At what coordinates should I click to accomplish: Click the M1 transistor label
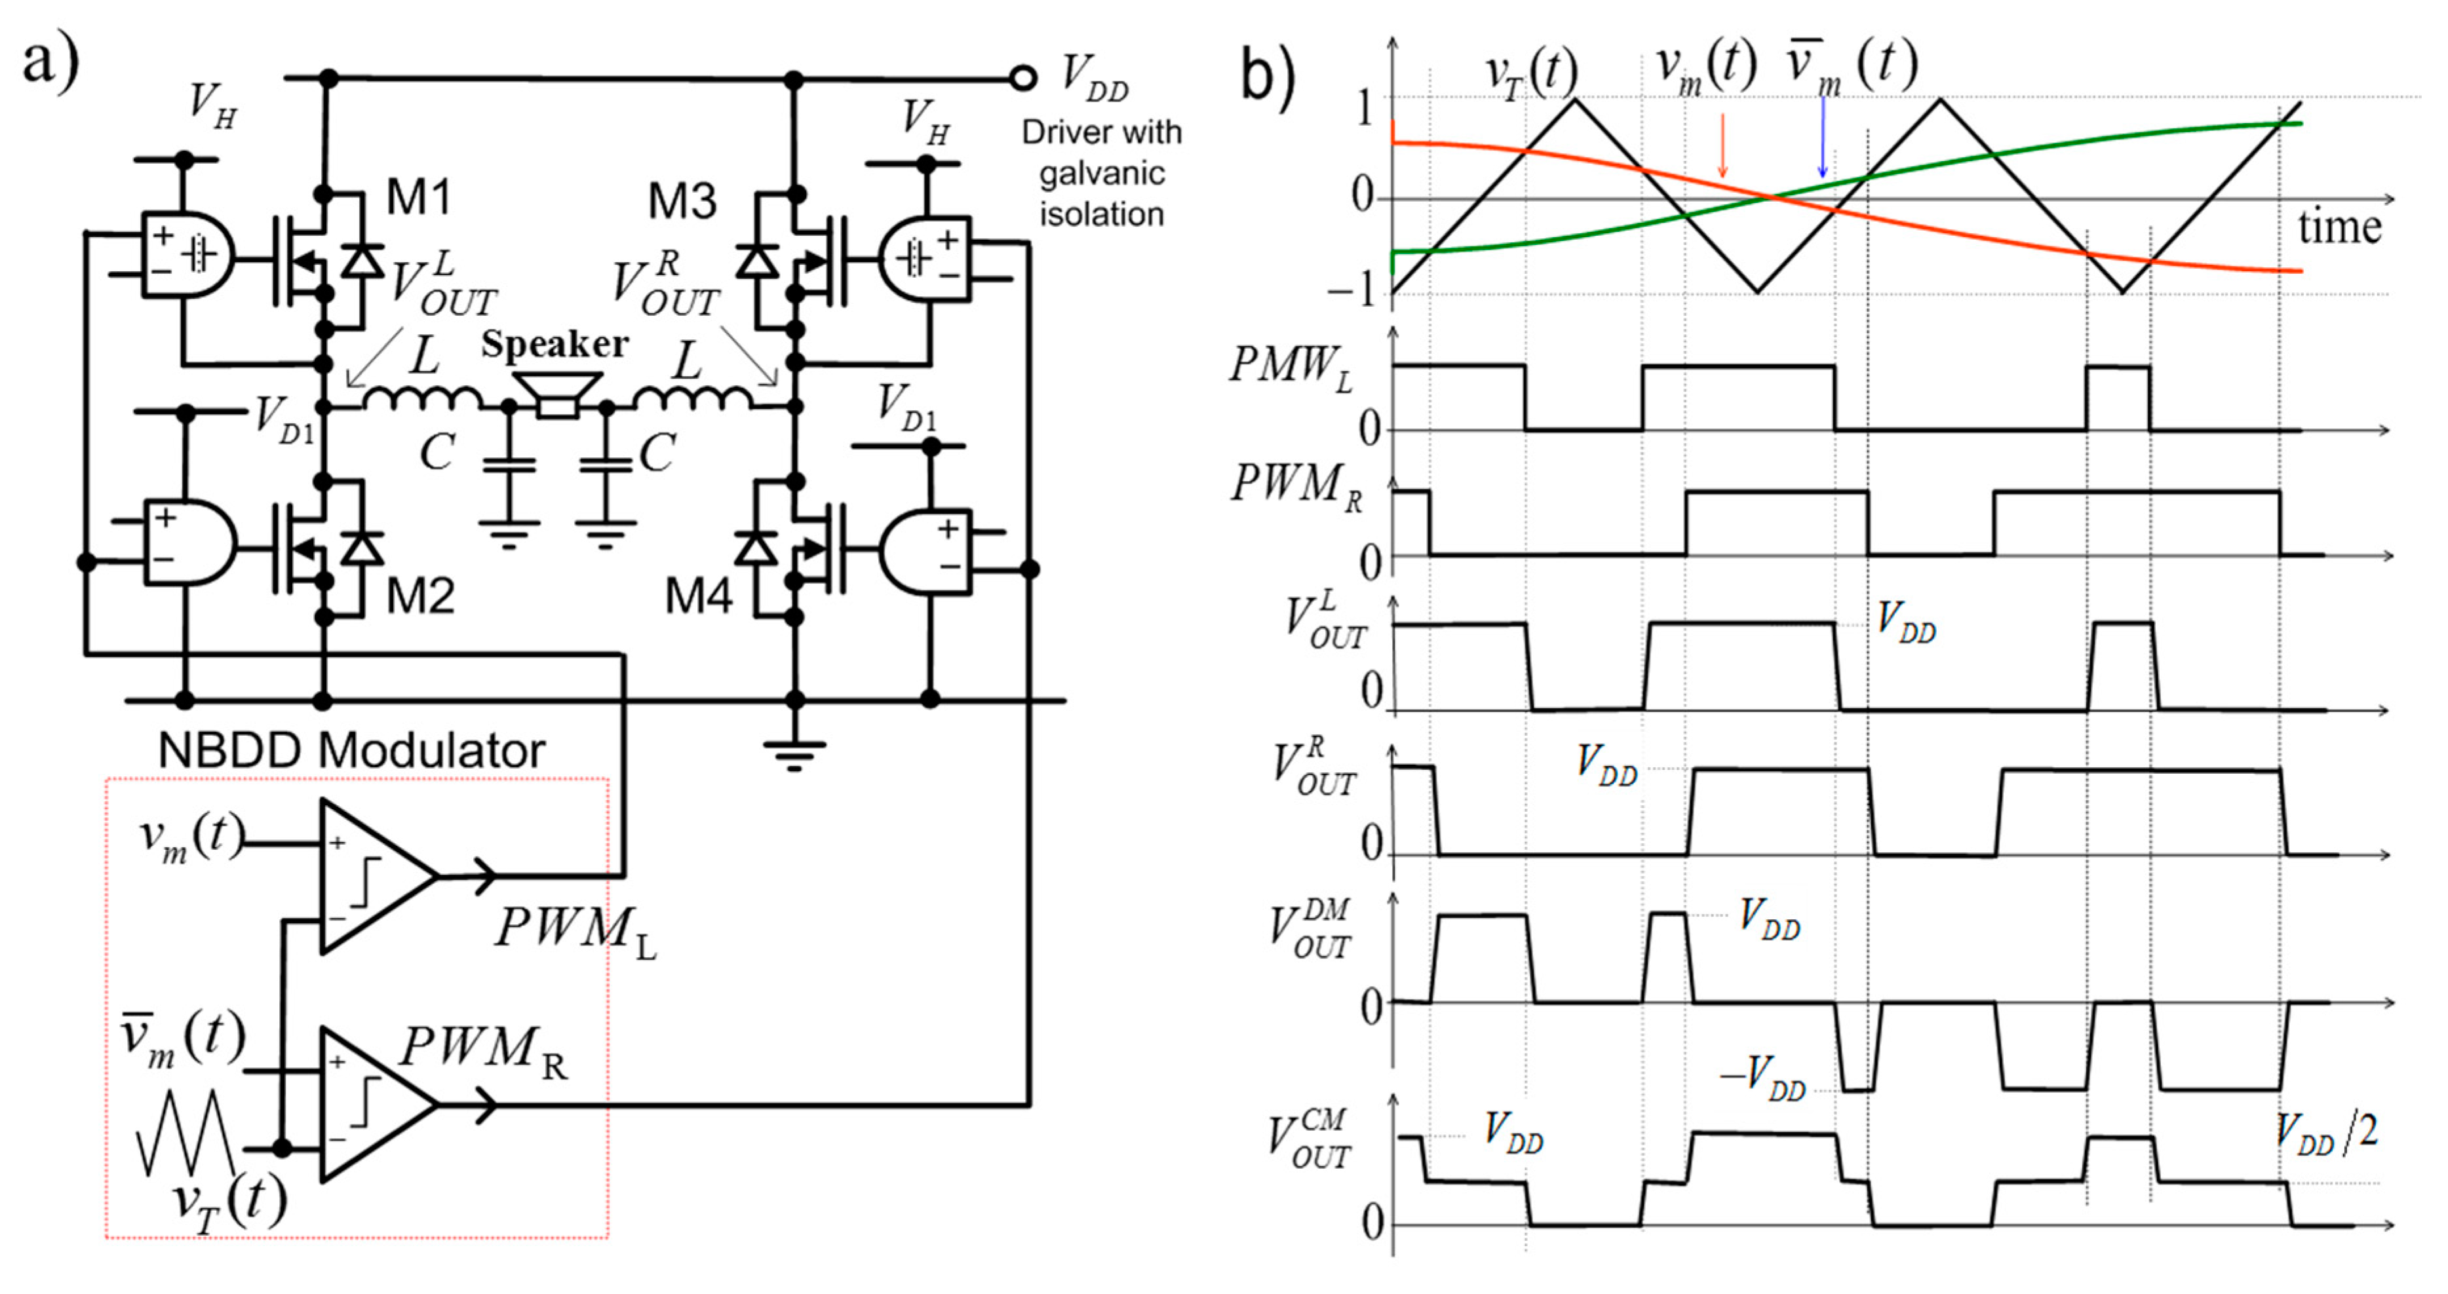[x=419, y=199]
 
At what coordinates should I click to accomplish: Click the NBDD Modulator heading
[x=351, y=751]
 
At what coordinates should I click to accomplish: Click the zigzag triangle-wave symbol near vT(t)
[x=185, y=1133]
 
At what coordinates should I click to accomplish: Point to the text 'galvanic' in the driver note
[x=1101, y=174]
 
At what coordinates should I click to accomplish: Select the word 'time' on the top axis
[x=2339, y=228]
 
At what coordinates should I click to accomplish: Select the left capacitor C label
[x=437, y=452]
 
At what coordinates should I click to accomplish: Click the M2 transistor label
[x=419, y=597]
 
